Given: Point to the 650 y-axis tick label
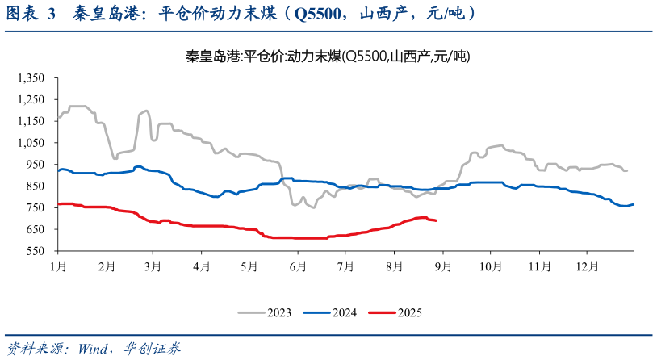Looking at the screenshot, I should click(36, 230).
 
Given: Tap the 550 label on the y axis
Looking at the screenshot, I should click(36, 252).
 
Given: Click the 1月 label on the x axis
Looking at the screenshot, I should click(57, 265).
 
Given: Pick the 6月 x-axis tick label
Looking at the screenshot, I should click(297, 265).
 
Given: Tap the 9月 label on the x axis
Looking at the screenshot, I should click(441, 265).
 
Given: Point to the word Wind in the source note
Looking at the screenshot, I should click(94, 349).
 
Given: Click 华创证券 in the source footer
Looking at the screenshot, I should click(153, 349).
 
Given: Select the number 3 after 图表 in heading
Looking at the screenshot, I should click(51, 14).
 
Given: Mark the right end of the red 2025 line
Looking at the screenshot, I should click(437, 220).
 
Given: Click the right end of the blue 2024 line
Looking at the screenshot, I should click(634, 204).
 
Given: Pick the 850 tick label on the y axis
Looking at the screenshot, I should click(36, 186).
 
